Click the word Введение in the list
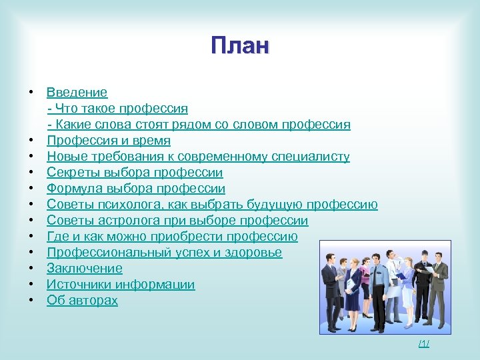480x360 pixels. coord(77,92)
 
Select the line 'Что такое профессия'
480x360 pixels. coord(121,108)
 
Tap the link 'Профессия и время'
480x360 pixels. coord(108,140)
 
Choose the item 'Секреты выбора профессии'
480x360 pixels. coord(135,172)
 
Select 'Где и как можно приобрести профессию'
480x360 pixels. coord(172,236)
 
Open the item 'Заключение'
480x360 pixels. coord(84,268)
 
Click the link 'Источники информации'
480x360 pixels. coord(121,284)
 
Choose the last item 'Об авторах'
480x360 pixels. coord(82,300)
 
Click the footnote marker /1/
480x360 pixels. coord(424,343)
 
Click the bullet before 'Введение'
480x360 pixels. coord(31,92)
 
